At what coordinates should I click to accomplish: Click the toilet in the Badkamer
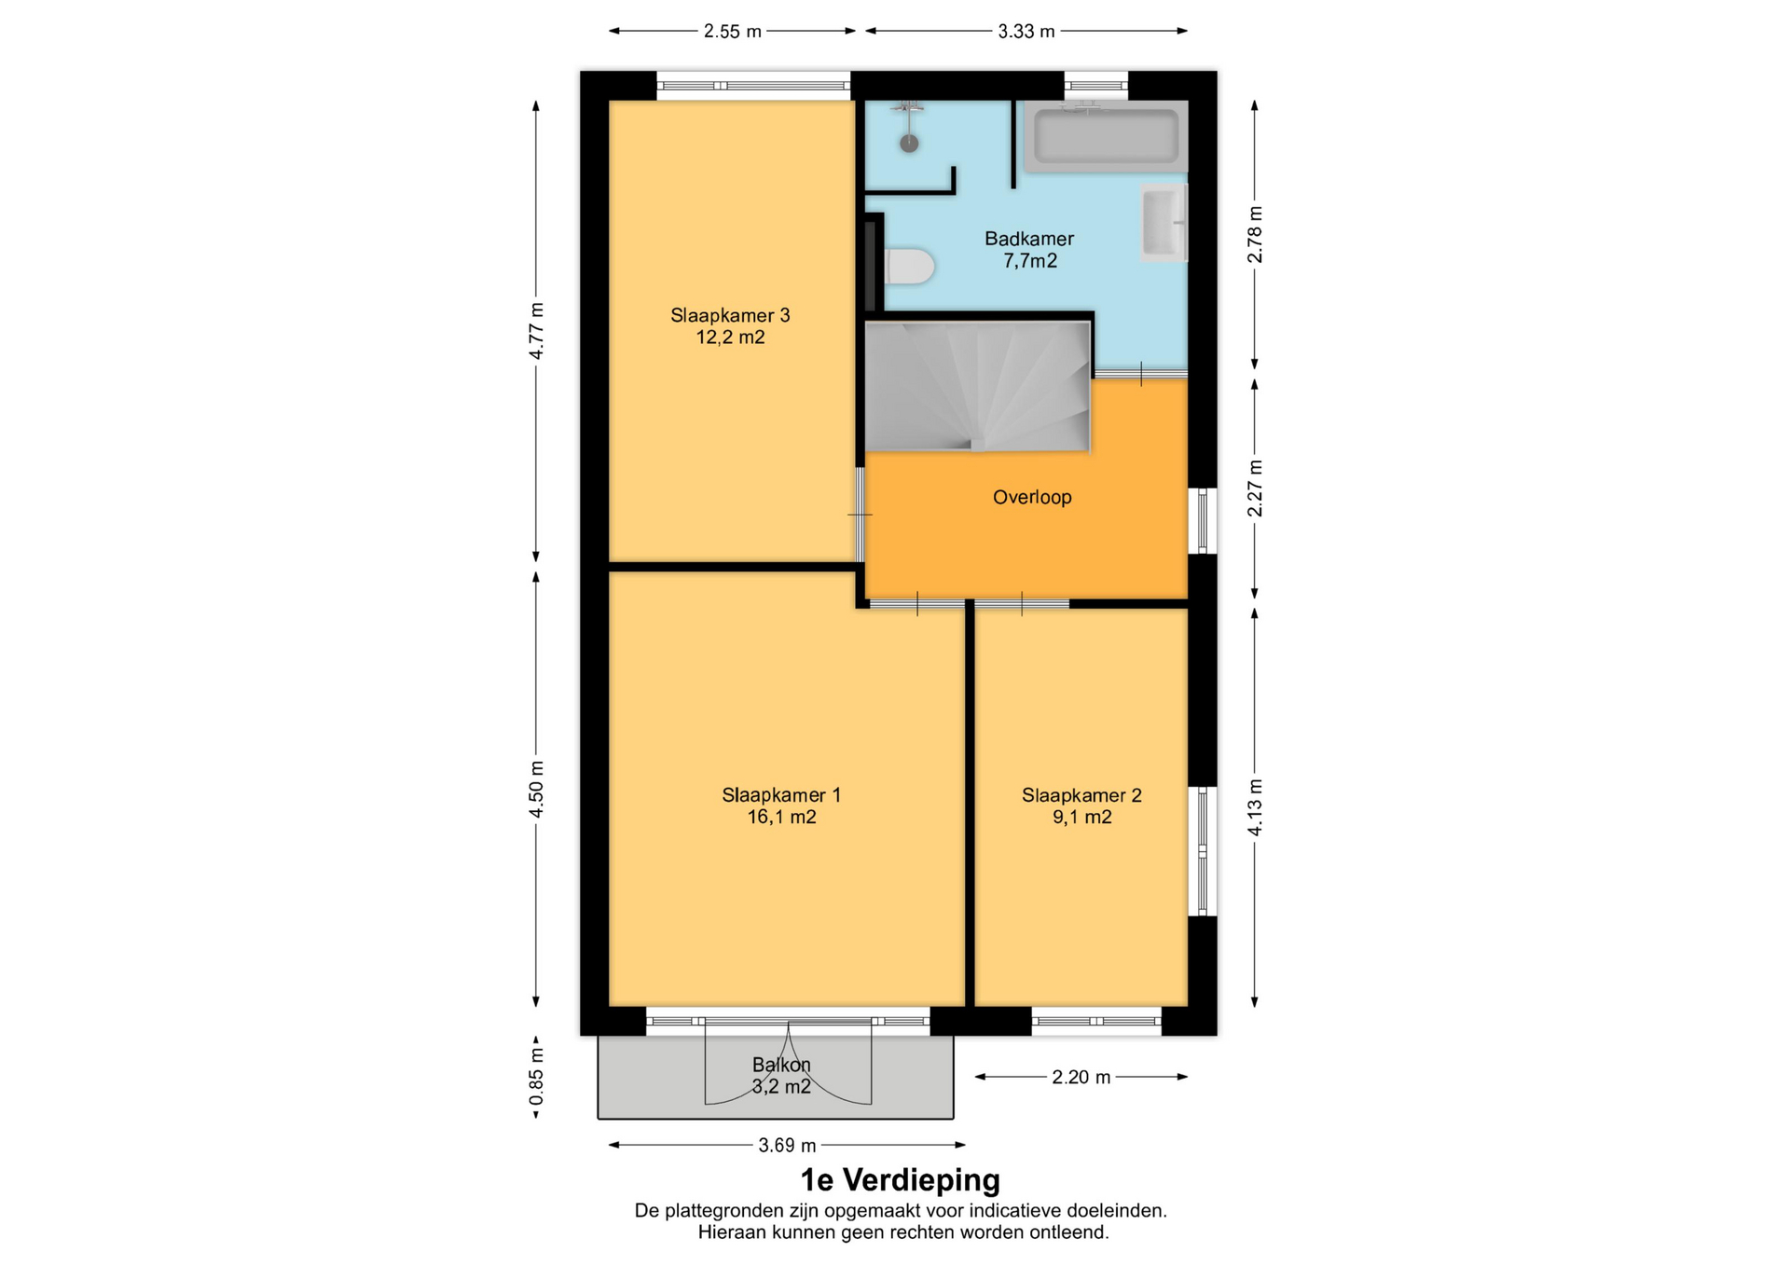point(909,267)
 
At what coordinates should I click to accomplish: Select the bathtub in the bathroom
point(1107,136)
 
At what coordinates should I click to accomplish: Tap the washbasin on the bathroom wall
point(1163,223)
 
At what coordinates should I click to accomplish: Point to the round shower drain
point(909,144)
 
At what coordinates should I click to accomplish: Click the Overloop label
point(1032,497)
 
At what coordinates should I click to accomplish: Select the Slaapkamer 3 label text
point(730,315)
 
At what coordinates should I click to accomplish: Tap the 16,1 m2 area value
point(781,818)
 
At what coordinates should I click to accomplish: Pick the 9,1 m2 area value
point(1081,818)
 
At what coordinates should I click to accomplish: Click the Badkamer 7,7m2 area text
point(1030,261)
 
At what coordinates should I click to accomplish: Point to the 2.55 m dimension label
point(732,32)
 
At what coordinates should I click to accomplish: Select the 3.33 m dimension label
point(1026,32)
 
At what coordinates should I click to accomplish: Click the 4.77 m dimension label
point(536,331)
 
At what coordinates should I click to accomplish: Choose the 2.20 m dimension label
point(1081,1078)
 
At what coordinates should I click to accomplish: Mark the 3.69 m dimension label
point(787,1146)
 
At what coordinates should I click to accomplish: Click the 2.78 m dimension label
point(1255,234)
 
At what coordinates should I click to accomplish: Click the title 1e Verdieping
point(901,1180)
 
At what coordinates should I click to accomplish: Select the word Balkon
point(781,1065)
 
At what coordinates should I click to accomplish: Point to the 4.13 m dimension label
point(1255,807)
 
